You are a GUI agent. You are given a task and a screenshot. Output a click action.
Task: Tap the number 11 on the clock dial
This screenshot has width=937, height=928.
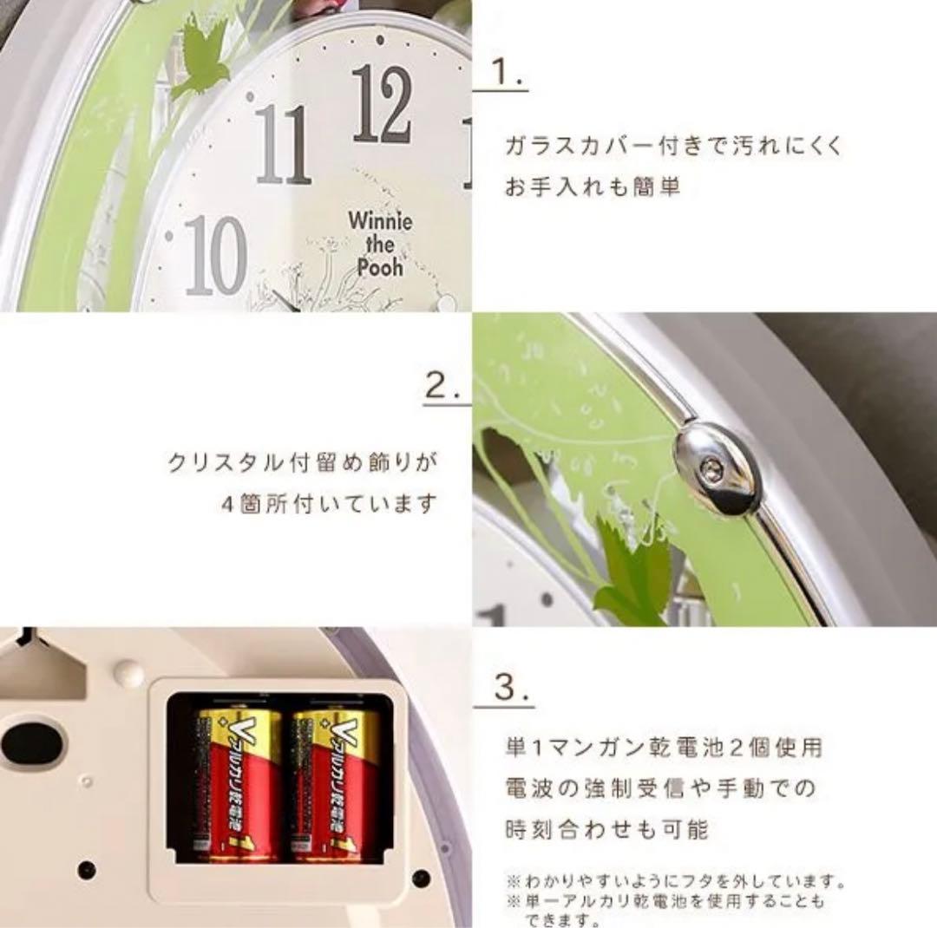283,144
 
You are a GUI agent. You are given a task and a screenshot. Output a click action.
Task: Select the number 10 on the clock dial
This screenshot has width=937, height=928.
215,256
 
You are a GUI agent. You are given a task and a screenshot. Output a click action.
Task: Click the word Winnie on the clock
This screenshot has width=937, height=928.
381,219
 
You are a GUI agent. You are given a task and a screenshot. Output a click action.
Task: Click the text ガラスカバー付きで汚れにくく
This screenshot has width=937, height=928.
673,145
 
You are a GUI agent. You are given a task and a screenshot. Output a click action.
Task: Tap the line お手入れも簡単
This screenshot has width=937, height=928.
593,186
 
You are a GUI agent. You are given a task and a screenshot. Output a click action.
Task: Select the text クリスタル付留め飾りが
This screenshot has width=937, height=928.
302,462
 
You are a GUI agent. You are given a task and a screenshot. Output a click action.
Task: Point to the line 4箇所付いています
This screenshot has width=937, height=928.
327,503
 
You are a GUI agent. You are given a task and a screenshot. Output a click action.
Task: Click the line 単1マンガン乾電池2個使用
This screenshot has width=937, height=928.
663,747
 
